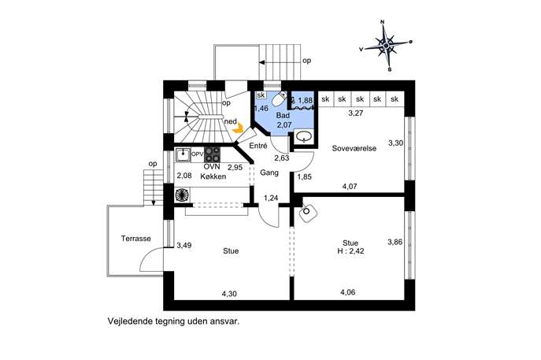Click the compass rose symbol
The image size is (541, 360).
click(x=386, y=45)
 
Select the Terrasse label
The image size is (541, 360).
click(x=136, y=239)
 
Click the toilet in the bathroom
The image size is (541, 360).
click(x=279, y=99)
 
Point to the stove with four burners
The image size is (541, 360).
click(x=212, y=154)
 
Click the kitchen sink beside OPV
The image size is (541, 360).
click(x=183, y=154)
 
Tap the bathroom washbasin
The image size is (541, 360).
click(x=304, y=137)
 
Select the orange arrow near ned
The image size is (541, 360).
click(x=237, y=129)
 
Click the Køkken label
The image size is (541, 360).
click(x=213, y=176)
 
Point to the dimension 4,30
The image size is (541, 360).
click(x=229, y=294)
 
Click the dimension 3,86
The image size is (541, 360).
click(x=395, y=242)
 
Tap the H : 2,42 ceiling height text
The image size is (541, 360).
click(x=350, y=251)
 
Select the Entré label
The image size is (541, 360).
click(x=258, y=146)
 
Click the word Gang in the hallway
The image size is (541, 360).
click(x=269, y=173)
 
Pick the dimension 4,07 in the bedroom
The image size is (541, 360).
click(x=350, y=187)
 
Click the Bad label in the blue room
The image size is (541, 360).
click(x=283, y=115)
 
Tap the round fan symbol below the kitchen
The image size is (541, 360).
click(x=181, y=195)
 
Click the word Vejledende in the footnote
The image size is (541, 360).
click(x=128, y=321)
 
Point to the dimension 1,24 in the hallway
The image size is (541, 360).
click(x=271, y=199)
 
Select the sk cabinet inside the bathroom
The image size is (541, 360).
click(x=261, y=95)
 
